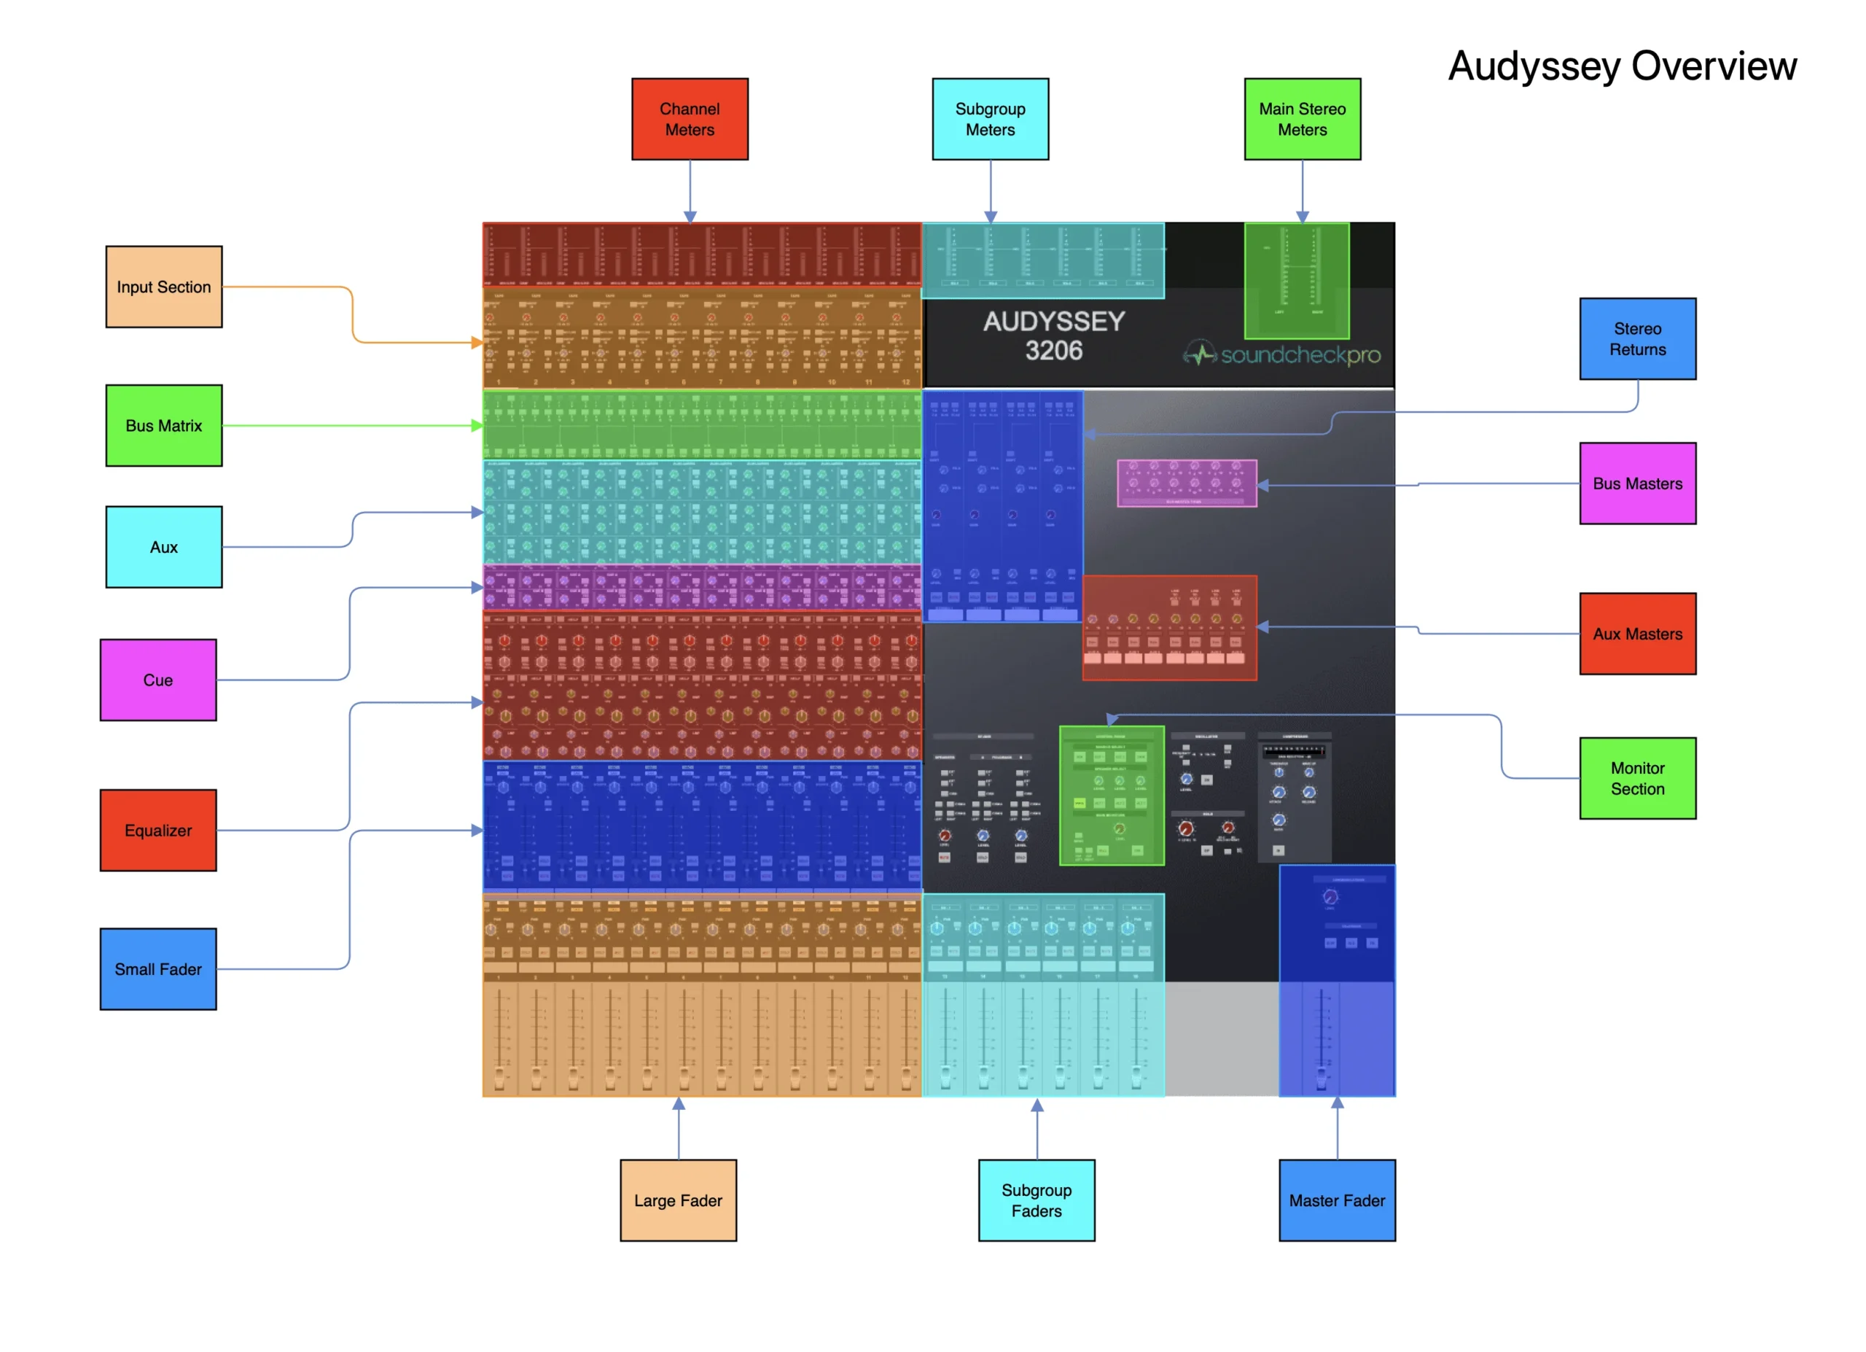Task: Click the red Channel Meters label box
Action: coord(690,120)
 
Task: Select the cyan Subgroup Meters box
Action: coord(990,120)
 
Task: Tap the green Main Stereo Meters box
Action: coord(1302,120)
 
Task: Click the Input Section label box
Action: coord(164,287)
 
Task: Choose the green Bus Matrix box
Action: coord(164,425)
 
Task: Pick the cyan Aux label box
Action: coord(164,546)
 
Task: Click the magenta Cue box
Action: coord(158,680)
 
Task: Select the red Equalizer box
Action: coord(158,831)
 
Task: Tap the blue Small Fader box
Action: coord(158,968)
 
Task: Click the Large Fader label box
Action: coord(678,1200)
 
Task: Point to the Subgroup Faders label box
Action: coord(1036,1200)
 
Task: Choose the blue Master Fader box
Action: coord(1336,1200)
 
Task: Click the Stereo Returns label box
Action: coord(1637,338)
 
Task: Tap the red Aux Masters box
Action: coord(1637,634)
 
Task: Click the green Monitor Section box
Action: coord(1637,777)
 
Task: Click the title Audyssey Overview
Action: coord(1622,66)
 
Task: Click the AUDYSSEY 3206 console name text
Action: coord(1054,335)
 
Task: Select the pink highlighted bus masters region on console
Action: coord(1187,483)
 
